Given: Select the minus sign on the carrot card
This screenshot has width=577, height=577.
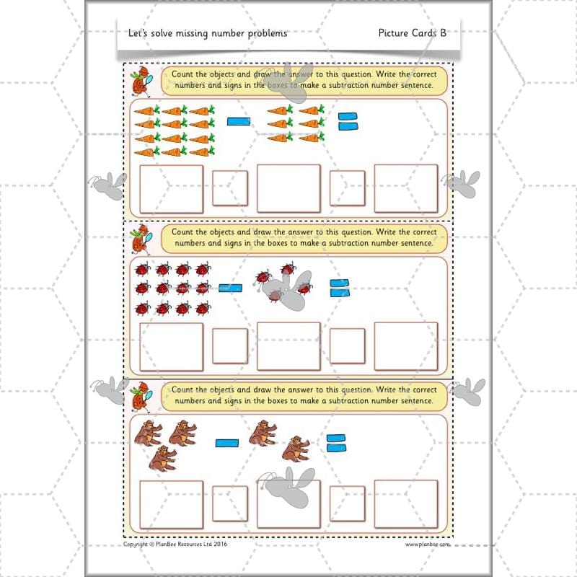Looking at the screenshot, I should [x=238, y=121].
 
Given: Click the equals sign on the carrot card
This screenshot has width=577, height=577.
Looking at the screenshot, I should [x=348, y=120].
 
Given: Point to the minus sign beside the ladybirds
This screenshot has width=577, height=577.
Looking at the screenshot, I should [x=230, y=288].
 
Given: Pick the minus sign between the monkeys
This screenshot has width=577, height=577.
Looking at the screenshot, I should [x=226, y=442].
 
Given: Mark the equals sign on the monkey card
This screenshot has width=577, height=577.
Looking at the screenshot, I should [x=335, y=442].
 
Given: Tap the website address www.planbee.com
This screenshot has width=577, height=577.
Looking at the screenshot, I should [x=427, y=545].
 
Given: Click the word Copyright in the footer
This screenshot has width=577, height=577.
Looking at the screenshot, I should [x=136, y=545].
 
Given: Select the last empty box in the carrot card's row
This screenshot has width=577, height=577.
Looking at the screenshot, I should [x=406, y=189].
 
